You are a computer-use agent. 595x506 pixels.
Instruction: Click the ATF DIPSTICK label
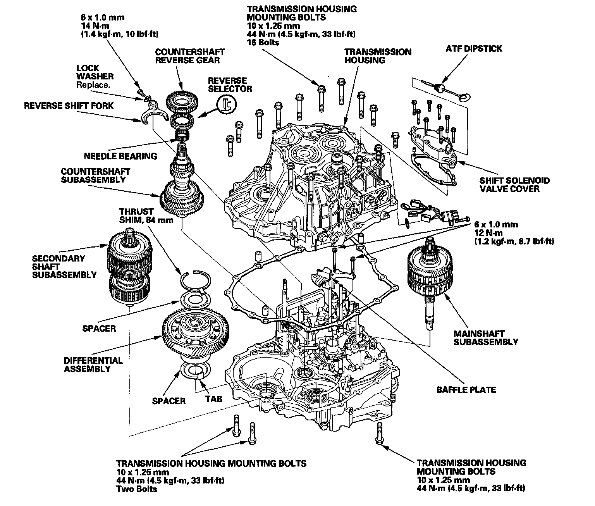pyautogui.click(x=474, y=49)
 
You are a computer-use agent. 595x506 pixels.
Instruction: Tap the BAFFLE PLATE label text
pyautogui.click(x=466, y=390)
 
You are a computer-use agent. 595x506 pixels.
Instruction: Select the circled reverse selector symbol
pyautogui.click(x=227, y=104)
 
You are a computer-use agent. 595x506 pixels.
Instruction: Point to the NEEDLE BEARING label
pyautogui.click(x=120, y=156)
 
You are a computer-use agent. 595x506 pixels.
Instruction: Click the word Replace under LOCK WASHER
pyautogui.click(x=93, y=85)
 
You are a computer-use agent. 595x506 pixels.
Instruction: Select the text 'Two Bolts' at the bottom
pyautogui.click(x=137, y=489)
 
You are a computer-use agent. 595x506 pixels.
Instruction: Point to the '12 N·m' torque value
pyautogui.click(x=489, y=233)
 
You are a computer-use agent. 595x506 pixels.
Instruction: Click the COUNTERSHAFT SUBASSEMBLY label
pyautogui.click(x=95, y=175)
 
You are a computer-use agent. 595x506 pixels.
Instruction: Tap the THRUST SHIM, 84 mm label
pyautogui.click(x=136, y=216)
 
